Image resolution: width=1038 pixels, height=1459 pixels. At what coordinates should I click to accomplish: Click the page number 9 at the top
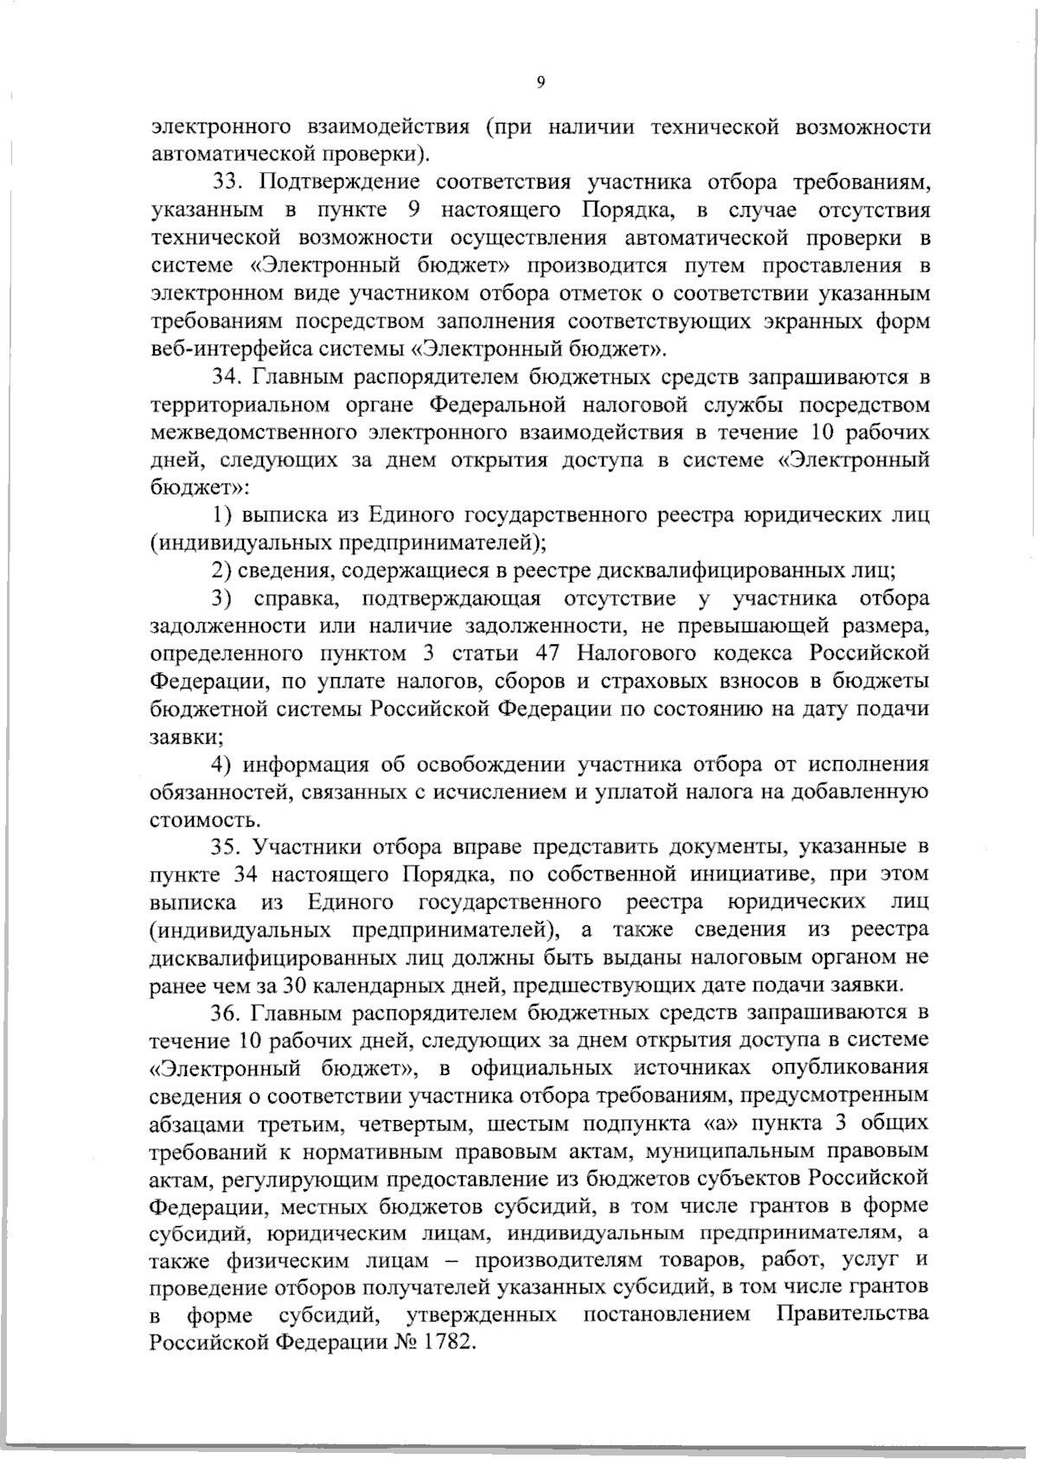coord(540,82)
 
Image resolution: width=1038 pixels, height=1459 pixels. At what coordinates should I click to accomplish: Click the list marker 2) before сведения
coord(224,571)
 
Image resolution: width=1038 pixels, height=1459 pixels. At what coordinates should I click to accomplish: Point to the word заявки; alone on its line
coord(182,737)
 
